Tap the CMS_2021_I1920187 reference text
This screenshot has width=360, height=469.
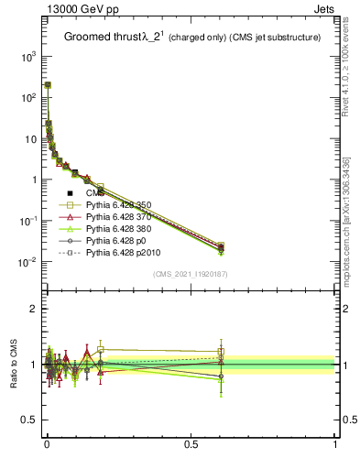coord(189,274)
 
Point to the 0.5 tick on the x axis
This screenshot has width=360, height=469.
coord(191,442)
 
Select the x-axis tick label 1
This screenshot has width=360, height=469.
coord(335,442)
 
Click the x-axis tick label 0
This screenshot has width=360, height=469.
coord(47,442)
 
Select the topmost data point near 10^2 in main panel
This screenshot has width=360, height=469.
coord(48,84)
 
